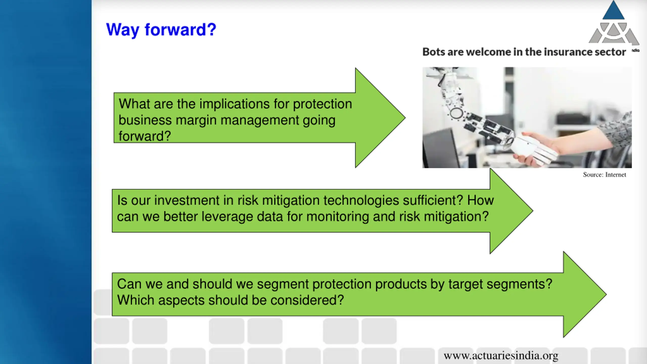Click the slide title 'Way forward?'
click(161, 30)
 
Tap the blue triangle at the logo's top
click(613, 10)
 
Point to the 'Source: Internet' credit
click(605, 175)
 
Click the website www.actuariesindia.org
click(501, 356)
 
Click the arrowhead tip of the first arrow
click(405, 118)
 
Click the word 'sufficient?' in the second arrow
click(433, 200)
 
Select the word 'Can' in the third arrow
click(128, 284)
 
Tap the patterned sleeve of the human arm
click(617, 131)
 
